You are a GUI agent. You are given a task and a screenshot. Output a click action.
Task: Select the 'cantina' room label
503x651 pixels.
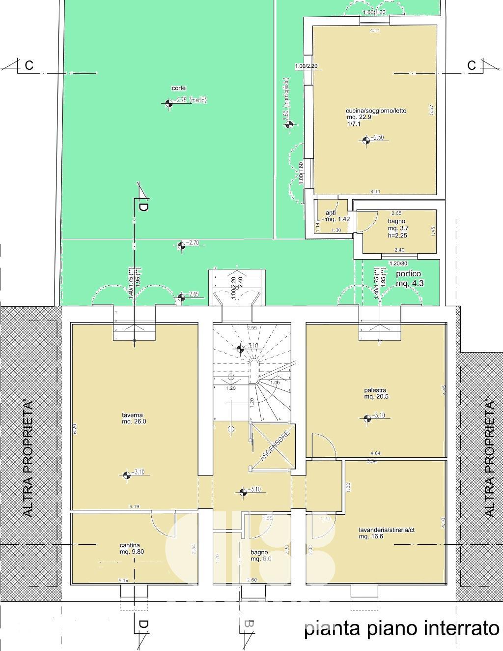coord(130,545)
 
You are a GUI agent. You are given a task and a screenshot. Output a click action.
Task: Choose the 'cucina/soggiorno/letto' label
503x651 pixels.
coord(376,111)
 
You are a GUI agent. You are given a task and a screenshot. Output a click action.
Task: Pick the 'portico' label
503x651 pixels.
coord(409,274)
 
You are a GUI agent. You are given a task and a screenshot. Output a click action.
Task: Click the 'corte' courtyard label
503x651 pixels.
coord(178,88)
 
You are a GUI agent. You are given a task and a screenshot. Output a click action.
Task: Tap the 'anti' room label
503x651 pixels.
coord(331,213)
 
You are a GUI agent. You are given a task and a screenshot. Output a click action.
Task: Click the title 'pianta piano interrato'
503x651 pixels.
coord(401,629)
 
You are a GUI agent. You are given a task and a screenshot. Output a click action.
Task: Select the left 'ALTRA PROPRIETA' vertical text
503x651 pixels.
coord(28,459)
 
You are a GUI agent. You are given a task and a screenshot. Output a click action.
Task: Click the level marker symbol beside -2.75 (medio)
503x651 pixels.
coord(169,103)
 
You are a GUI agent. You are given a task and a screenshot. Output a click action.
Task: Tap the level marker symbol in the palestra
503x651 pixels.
coord(367,418)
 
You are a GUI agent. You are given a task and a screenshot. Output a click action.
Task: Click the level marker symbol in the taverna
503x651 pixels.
coord(126,474)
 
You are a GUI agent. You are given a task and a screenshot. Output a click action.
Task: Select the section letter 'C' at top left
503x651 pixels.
coord(29,65)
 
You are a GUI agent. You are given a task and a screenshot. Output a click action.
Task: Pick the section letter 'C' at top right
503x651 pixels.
coord(472,65)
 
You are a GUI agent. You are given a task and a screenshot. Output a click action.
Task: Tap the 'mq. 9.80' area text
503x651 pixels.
coord(132,552)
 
